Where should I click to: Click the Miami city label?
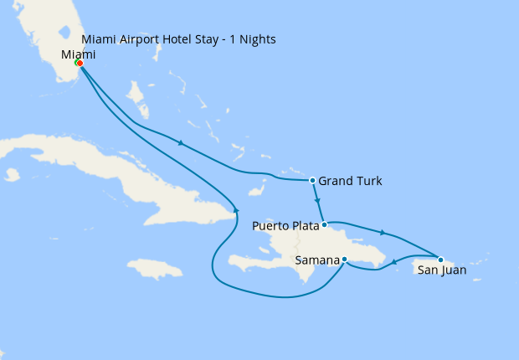pyautogui.click(x=79, y=54)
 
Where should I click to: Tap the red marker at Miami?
pyautogui.click(x=80, y=63)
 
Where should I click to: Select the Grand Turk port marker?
pyautogui.click(x=312, y=180)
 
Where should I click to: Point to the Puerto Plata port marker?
pyautogui.click(x=325, y=224)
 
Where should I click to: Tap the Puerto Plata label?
pyautogui.click(x=285, y=225)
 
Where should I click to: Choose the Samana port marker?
pyautogui.click(x=345, y=260)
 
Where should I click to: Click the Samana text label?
pyautogui.click(x=317, y=260)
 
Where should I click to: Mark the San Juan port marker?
pyautogui.click(x=440, y=260)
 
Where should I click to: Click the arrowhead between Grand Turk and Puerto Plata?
pyautogui.click(x=318, y=201)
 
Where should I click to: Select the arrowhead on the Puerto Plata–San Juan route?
pyautogui.click(x=383, y=232)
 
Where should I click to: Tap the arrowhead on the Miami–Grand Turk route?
pyautogui.click(x=180, y=142)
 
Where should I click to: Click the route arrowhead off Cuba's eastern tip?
pyautogui.click(x=237, y=209)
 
